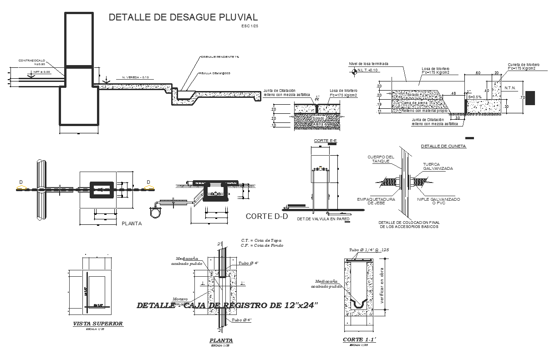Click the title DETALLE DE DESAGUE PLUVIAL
pos(183,17)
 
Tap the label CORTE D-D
pos(267,216)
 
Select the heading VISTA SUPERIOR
pos(98,324)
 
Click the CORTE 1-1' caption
pos(359,340)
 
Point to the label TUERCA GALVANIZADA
pos(438,166)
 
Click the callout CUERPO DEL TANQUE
pos(381,159)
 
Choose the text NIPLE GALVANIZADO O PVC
pos(438,201)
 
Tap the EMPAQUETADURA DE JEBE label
pos(376,201)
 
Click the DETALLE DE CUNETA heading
pos(443,146)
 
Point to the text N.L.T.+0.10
pos(368,70)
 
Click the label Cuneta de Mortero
pos(524,65)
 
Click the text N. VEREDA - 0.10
pos(136,77)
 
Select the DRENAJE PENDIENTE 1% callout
pos(220,57)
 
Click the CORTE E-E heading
pos(325,141)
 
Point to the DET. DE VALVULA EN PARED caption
pos(323,219)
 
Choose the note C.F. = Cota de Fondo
pos(262,245)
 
